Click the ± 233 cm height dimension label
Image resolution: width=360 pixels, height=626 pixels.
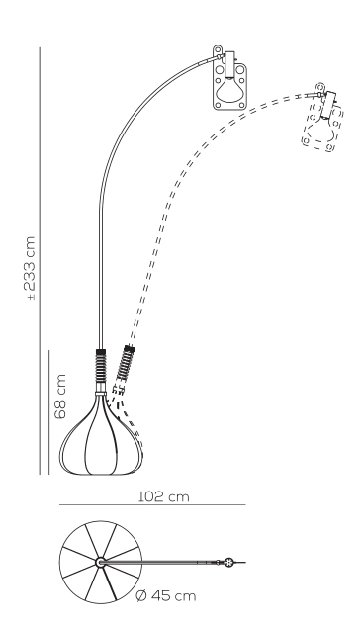30,268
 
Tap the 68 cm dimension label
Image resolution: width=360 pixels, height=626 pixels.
60,396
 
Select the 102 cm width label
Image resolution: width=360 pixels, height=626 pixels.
163,496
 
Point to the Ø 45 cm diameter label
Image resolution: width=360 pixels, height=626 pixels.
166,596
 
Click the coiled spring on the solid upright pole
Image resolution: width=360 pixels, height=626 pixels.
101,366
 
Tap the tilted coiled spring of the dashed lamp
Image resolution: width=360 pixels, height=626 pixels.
125,363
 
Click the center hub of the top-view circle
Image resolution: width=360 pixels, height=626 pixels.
100,562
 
